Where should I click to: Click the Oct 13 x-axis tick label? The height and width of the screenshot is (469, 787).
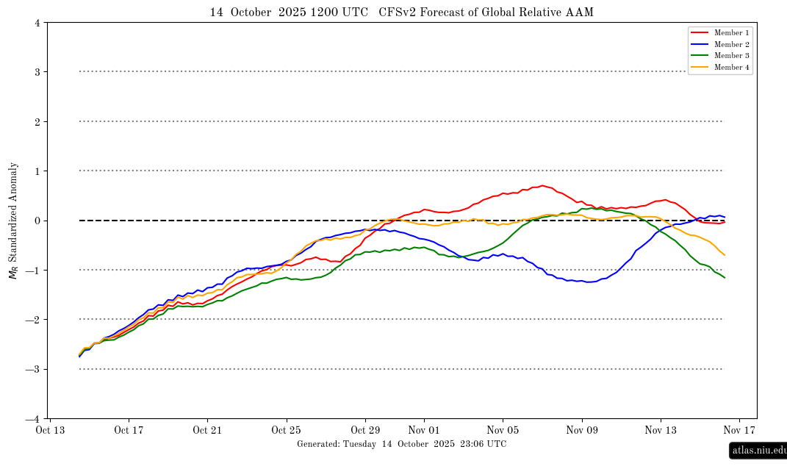pos(50,431)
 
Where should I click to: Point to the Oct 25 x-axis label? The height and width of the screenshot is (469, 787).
pos(287,431)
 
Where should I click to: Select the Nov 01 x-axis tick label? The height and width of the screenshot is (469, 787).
pos(424,431)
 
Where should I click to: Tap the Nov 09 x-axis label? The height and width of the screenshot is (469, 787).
pos(581,431)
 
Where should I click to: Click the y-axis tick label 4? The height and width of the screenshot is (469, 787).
pos(37,23)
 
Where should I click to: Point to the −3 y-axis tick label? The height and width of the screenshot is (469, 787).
pos(35,370)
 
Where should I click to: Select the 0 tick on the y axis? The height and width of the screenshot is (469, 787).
pos(37,221)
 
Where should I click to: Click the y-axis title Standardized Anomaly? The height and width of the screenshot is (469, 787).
pos(12,221)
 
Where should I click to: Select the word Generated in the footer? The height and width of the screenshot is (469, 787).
pos(317,444)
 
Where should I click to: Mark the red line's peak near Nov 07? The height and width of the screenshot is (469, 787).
pos(542,185)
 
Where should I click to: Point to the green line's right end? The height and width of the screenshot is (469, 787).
pos(725,277)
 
